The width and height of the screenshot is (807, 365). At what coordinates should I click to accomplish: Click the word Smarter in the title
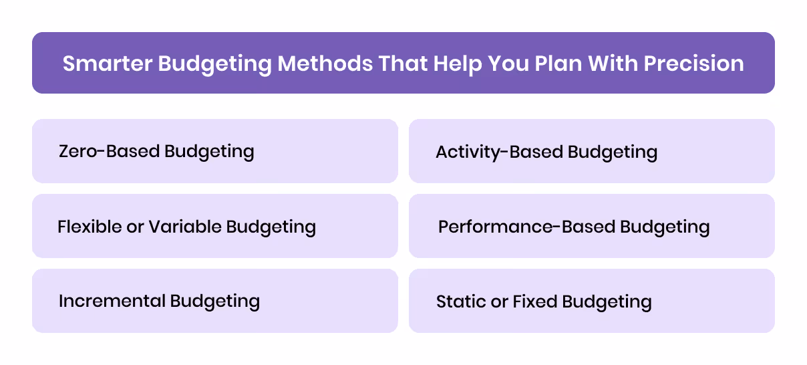pos(106,64)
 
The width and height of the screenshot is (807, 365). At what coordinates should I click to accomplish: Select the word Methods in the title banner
pos(326,64)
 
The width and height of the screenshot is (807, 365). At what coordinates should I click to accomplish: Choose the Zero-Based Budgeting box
pos(215,151)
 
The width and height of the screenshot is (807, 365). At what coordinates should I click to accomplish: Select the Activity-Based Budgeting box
pos(591,151)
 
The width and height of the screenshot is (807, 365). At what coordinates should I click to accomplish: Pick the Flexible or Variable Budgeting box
pos(215,226)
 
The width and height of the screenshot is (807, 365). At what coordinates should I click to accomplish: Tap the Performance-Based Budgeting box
pos(591,226)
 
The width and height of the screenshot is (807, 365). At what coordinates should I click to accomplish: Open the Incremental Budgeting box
pos(215,301)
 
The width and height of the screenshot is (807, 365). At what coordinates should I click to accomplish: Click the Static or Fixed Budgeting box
pos(591,301)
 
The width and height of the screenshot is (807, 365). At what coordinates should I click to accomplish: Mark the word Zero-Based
pos(109,151)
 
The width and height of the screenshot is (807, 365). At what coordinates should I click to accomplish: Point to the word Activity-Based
pos(499,152)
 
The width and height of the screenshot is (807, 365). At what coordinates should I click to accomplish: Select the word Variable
pos(186,227)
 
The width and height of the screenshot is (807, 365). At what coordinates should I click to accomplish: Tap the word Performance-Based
pos(526,227)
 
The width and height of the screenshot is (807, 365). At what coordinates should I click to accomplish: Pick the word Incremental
pos(112,301)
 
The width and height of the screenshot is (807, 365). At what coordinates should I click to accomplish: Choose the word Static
pos(461,301)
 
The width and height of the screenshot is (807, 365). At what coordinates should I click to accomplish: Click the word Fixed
pos(535,301)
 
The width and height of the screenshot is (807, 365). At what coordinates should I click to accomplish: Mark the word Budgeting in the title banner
pos(216,64)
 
